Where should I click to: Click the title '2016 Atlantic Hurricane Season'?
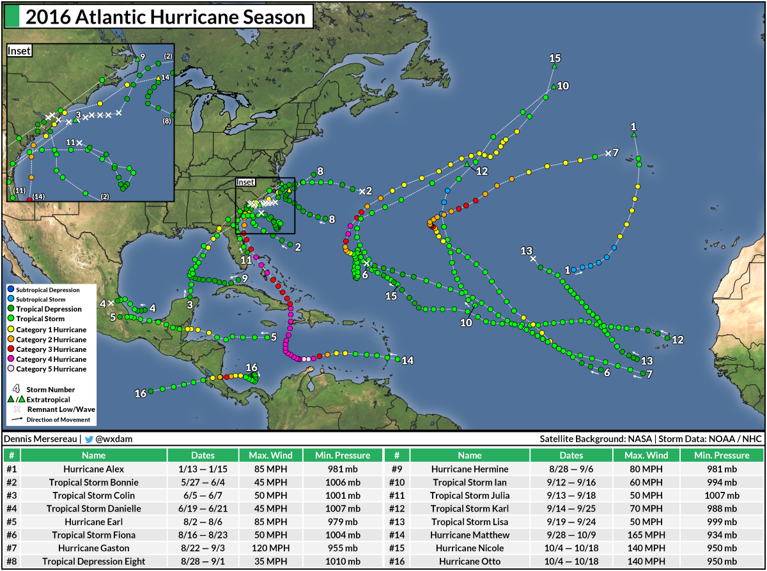pyautogui.click(x=166, y=17)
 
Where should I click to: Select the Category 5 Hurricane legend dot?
pyautogui.click(x=10, y=369)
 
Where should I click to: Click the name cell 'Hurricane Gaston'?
pyautogui.click(x=93, y=548)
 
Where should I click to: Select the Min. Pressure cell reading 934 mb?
pyautogui.click(x=722, y=535)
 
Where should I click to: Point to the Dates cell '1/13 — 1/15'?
pyautogui.click(x=203, y=469)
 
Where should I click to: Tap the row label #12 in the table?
pyautogui.click(x=397, y=508)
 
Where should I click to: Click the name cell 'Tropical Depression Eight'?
pyautogui.click(x=93, y=561)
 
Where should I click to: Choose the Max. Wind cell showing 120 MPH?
pyautogui.click(x=267, y=548)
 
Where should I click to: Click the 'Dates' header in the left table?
pyautogui.click(x=203, y=455)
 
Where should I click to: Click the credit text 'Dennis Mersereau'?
pyautogui.click(x=40, y=439)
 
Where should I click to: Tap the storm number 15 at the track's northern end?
pyautogui.click(x=555, y=58)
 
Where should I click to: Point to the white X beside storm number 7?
pyautogui.click(x=607, y=153)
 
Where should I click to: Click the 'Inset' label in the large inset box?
pyautogui.click(x=19, y=51)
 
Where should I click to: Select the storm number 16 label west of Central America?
pyautogui.click(x=141, y=393)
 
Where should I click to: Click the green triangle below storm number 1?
pyautogui.click(x=633, y=135)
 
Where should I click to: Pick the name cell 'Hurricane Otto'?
pyautogui.click(x=470, y=561)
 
